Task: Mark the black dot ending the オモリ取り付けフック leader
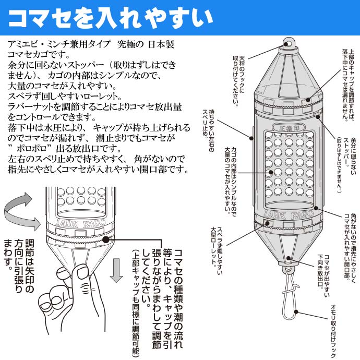(297, 311)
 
